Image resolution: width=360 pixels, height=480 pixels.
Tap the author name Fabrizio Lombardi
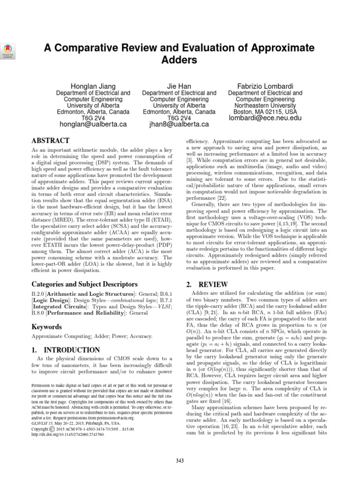click(265, 86)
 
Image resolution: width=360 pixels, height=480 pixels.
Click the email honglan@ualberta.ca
click(93, 124)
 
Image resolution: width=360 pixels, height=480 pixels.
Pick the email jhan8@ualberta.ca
click(179, 124)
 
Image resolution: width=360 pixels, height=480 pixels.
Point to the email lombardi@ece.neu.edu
click(265, 118)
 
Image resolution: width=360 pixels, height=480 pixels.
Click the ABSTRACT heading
click(50, 141)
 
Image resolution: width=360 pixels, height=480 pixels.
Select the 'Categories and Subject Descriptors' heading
click(84, 284)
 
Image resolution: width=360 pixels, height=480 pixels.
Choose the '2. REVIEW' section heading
click(207, 284)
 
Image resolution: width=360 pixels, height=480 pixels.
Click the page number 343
click(180, 461)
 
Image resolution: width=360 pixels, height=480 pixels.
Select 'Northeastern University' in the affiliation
click(265, 106)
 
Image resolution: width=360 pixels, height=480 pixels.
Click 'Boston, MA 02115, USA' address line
click(265, 112)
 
